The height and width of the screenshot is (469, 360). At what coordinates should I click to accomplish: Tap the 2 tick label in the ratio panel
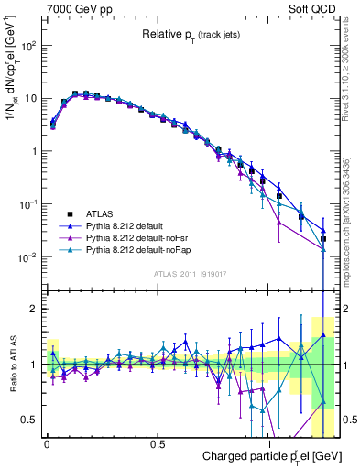[34, 309]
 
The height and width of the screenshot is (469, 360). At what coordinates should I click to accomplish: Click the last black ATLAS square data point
[322, 239]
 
